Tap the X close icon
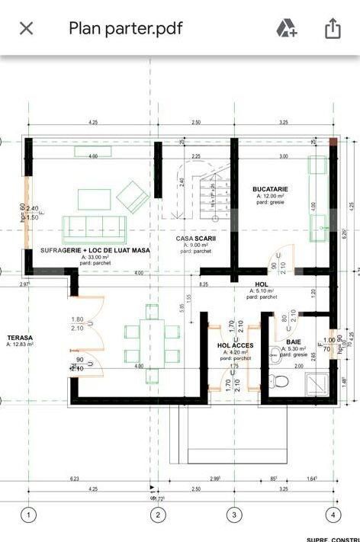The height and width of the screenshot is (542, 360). click(x=26, y=28)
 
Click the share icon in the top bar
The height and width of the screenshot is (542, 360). click(x=332, y=28)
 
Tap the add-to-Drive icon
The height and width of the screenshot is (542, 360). click(x=287, y=28)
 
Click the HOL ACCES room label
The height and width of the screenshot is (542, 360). click(x=235, y=345)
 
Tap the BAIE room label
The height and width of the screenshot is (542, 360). click(x=293, y=342)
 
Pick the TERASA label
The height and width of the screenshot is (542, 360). click(x=20, y=337)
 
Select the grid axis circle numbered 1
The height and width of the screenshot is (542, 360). click(x=28, y=515)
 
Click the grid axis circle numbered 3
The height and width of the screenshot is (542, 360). click(x=233, y=515)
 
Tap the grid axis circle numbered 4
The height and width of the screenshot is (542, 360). click(x=332, y=515)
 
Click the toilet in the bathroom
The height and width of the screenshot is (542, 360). click(x=279, y=379)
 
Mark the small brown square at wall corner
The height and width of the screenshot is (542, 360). click(x=333, y=142)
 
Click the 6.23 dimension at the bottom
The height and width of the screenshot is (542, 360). click(x=73, y=479)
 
